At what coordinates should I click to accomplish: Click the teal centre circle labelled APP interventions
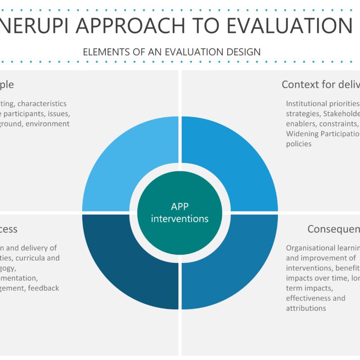(180, 212)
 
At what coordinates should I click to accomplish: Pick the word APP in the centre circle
(180, 207)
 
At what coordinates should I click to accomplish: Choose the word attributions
(306, 308)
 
